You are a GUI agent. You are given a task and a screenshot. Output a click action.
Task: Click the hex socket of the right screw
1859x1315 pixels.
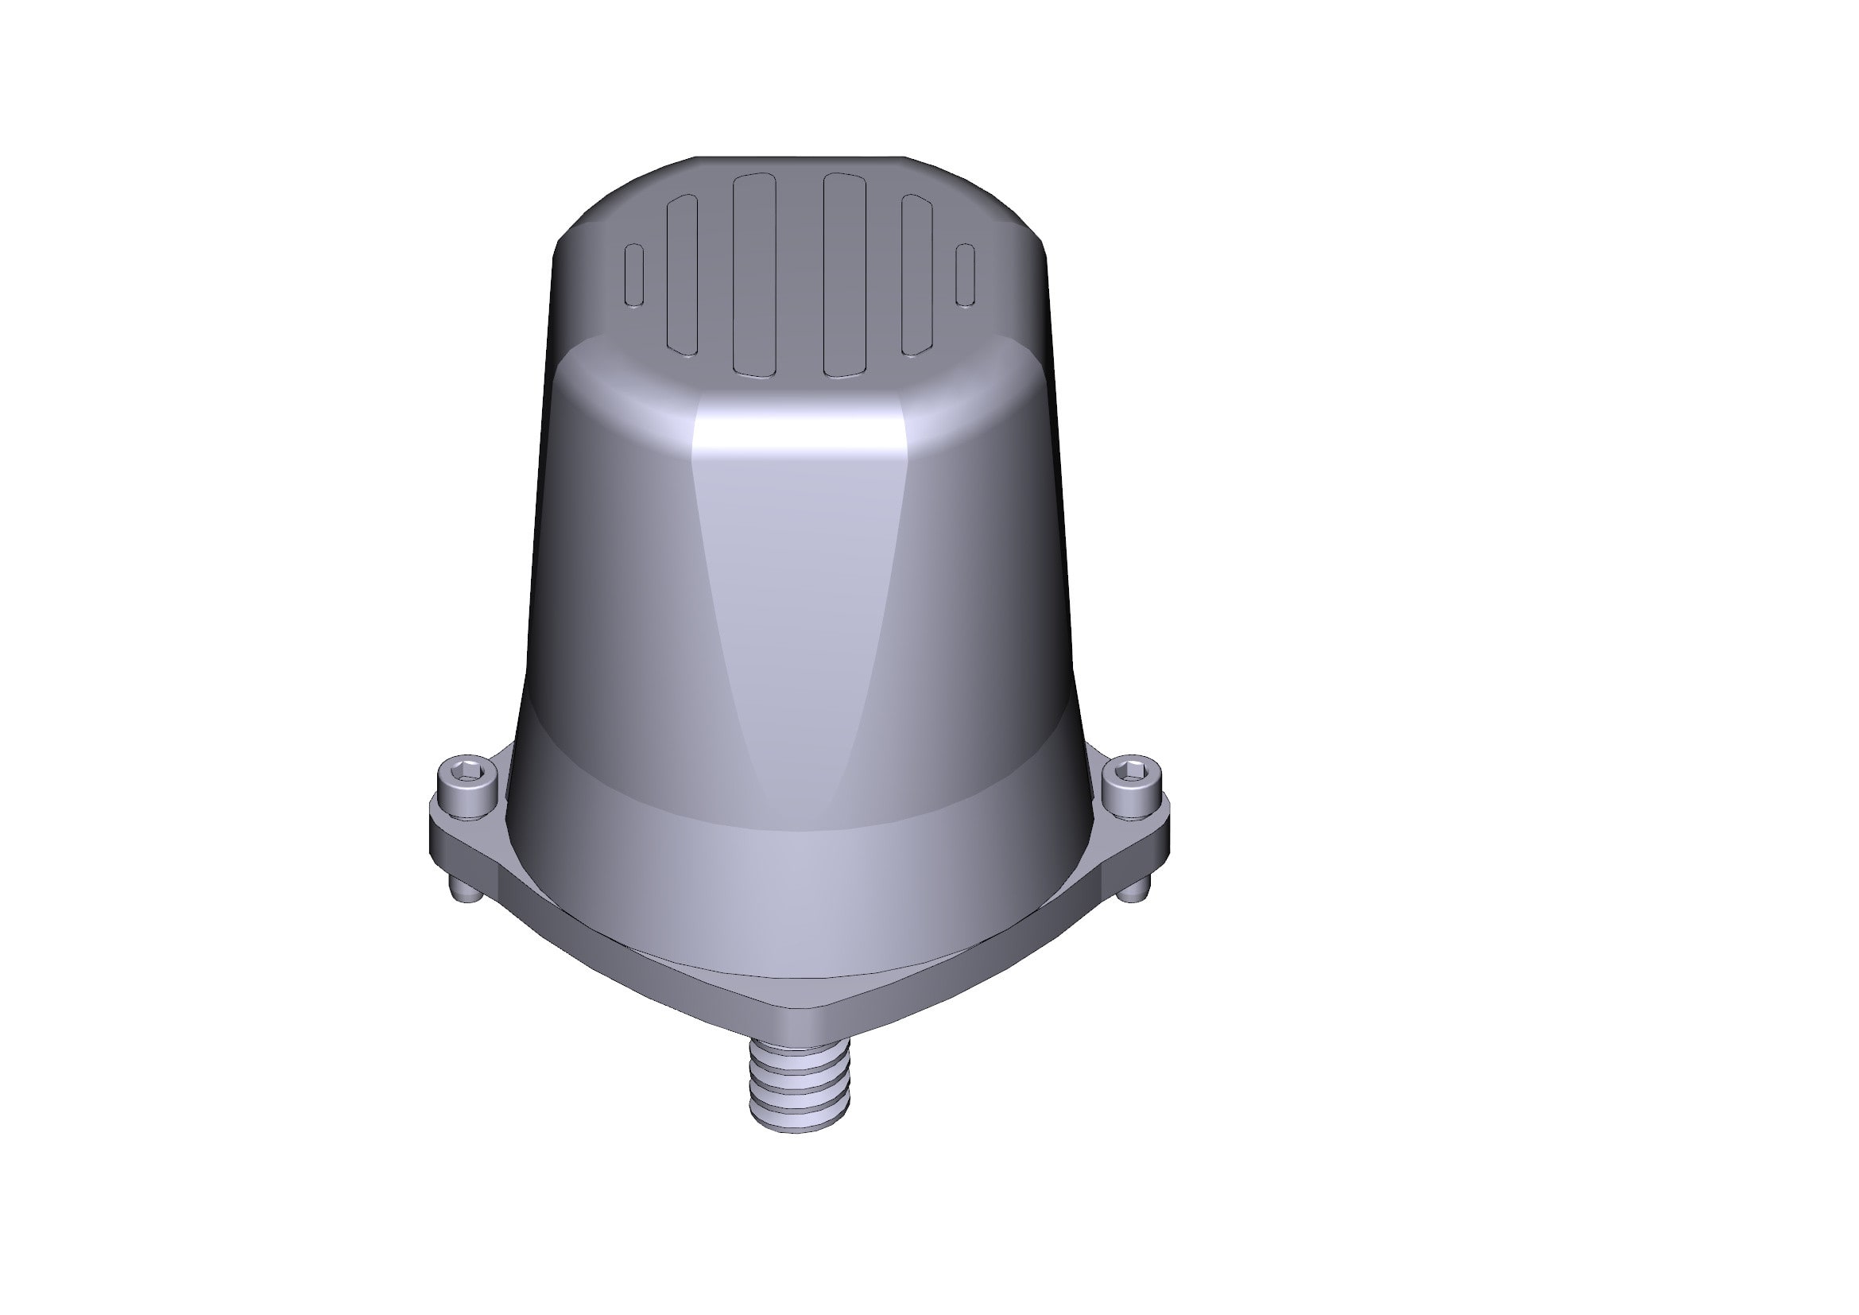(1132, 770)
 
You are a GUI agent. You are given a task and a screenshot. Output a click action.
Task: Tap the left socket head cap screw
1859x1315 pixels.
(466, 789)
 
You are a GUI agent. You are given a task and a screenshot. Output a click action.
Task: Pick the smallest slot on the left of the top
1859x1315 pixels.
(635, 275)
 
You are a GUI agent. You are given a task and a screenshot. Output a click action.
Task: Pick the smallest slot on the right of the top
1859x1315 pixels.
(965, 275)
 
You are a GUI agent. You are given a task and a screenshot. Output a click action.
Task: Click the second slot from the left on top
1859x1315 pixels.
(682, 275)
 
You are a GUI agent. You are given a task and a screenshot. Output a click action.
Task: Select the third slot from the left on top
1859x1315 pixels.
(753, 275)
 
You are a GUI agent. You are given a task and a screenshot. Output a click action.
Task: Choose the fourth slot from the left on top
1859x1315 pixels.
(845, 275)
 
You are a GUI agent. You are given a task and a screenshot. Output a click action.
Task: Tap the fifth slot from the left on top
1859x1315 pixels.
(917, 275)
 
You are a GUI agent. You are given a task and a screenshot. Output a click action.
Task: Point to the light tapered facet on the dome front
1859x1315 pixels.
(797, 607)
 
